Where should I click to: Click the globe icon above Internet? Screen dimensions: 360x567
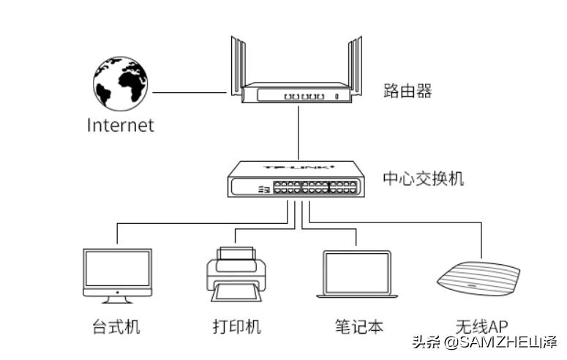[121, 83]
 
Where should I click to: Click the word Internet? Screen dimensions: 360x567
[121, 124]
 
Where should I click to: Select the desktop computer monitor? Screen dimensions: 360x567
[117, 269]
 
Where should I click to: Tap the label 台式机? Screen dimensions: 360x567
[116, 326]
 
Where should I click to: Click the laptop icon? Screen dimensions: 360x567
[357, 274]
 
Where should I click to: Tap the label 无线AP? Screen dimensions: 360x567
[481, 326]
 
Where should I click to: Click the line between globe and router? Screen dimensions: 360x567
[189, 93]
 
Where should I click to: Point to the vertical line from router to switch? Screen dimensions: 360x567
[298, 132]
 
